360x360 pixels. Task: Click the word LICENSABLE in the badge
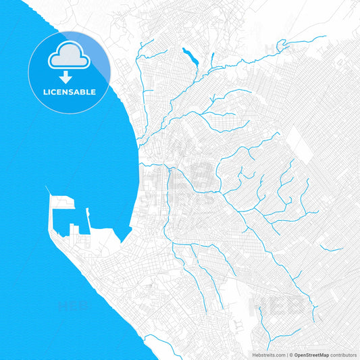point(70,91)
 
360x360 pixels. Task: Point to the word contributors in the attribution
point(343,354)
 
